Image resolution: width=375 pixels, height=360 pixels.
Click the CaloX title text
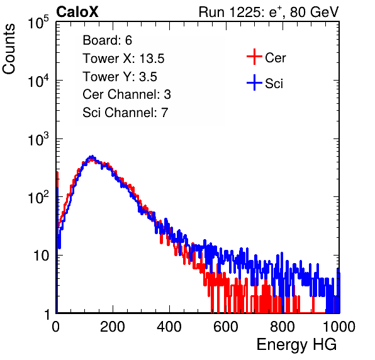(x=77, y=12)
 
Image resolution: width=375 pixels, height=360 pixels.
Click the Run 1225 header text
(x=269, y=12)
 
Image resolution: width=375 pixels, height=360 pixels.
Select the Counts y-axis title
(x=9, y=49)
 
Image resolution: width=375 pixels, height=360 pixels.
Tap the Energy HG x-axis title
(x=296, y=345)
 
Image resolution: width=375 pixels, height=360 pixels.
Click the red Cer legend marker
(x=254, y=57)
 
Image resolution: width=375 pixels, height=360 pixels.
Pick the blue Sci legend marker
(x=254, y=82)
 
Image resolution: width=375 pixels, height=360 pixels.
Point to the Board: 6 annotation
(x=107, y=40)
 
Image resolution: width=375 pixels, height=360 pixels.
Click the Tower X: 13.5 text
(x=123, y=59)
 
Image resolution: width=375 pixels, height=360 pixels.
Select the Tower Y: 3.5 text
(x=120, y=77)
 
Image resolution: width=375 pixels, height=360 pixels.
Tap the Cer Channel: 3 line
(x=126, y=94)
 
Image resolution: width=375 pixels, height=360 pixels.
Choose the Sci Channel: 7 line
(x=125, y=113)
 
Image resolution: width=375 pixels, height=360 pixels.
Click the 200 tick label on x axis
(x=113, y=327)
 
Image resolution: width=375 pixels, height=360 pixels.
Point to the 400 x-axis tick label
(x=169, y=327)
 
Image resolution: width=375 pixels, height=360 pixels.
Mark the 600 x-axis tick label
(x=226, y=327)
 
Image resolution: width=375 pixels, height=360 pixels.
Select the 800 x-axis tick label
(x=283, y=327)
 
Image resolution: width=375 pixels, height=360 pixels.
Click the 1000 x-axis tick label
(x=339, y=327)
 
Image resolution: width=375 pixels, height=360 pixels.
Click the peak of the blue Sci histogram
(x=92, y=157)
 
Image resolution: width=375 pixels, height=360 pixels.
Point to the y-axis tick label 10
(x=41, y=256)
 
